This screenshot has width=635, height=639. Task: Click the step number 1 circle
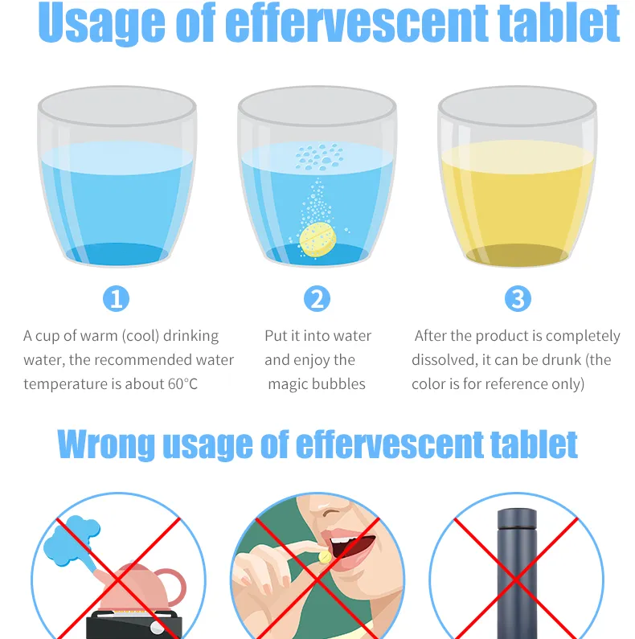[117, 300]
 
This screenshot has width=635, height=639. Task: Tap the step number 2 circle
[317, 300]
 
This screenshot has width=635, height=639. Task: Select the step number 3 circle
[518, 300]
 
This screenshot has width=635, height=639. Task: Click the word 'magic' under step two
[291, 384]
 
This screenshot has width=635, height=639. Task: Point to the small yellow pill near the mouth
[324, 556]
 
